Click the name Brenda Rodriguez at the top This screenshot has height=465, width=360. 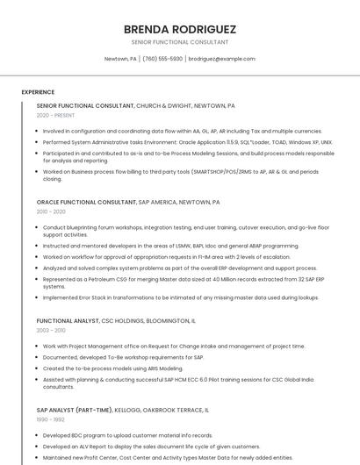[179, 29]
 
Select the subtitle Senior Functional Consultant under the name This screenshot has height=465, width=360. [179, 42]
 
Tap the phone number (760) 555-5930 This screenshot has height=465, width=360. [162, 59]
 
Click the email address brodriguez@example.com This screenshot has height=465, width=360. [221, 59]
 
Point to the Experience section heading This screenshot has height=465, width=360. [38, 91]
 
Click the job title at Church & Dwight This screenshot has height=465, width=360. [85, 105]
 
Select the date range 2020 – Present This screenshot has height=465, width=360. [55, 115]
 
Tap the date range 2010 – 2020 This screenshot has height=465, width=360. [51, 211]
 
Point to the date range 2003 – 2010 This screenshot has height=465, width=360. [51, 331]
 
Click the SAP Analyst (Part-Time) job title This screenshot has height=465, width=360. [75, 410]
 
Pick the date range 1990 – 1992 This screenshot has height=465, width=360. [51, 419]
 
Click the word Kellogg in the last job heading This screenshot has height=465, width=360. [129, 410]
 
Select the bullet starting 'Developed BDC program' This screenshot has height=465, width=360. [127, 435]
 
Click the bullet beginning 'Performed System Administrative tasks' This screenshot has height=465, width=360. [187, 141]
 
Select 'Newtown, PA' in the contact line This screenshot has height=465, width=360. [120, 59]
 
